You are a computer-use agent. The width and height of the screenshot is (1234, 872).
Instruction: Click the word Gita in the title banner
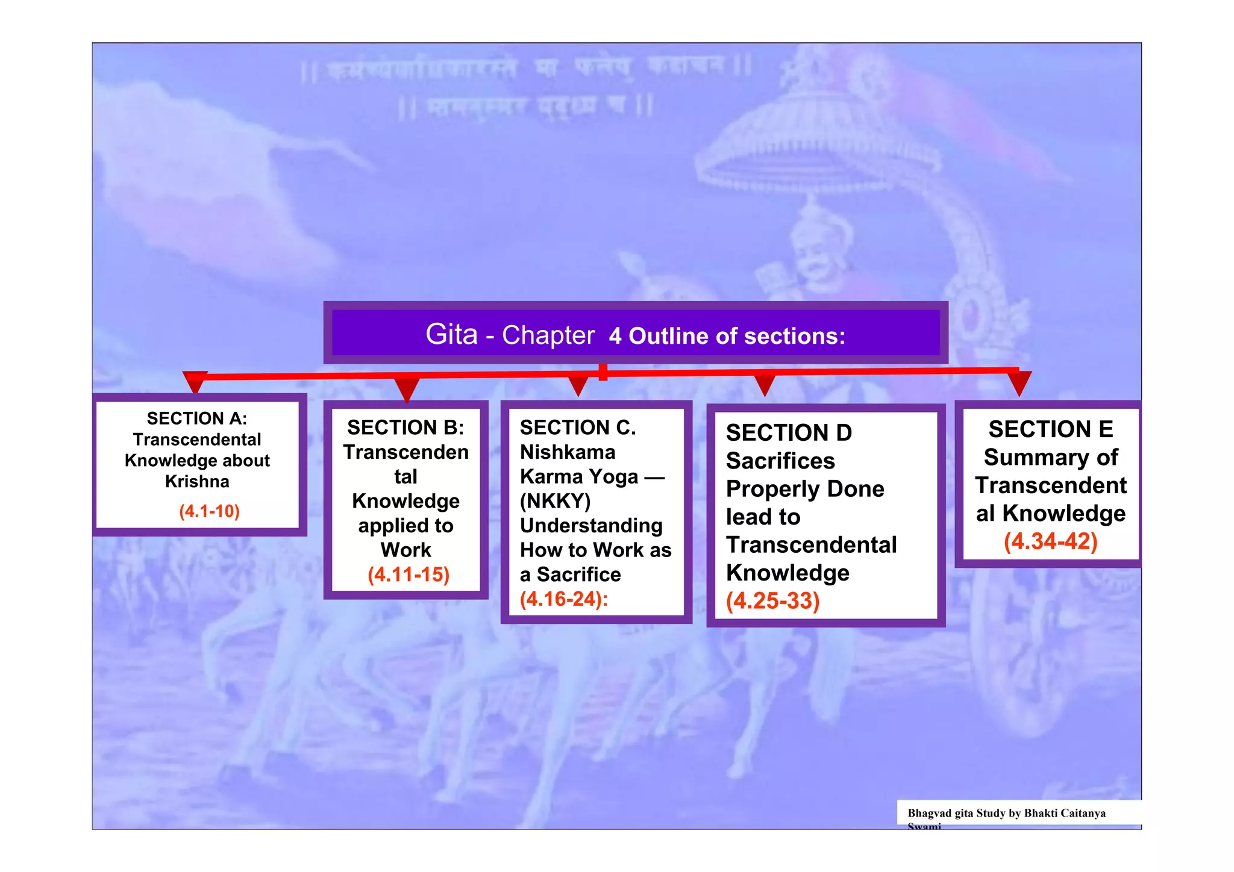[451, 334]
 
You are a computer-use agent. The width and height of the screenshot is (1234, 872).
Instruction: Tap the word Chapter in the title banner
[548, 335]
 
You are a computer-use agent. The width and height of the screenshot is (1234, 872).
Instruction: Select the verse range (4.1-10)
[209, 511]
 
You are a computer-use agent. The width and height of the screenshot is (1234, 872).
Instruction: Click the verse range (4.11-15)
[409, 575]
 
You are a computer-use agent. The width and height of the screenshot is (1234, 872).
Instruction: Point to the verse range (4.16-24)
[563, 599]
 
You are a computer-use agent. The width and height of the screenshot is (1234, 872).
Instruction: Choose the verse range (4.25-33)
[772, 601]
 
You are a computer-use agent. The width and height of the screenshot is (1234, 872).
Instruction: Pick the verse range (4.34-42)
[1050, 541]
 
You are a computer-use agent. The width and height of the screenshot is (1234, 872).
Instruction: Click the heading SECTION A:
[197, 419]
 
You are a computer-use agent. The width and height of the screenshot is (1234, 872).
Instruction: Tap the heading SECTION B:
[406, 428]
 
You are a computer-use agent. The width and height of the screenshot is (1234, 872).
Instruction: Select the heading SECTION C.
[578, 428]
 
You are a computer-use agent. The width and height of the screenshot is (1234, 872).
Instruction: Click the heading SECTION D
[789, 433]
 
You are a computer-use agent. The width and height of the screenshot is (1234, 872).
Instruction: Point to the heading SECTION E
[1050, 429]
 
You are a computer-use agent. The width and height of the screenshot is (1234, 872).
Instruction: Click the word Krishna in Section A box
[197, 482]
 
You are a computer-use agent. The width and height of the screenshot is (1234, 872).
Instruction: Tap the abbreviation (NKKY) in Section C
[555, 501]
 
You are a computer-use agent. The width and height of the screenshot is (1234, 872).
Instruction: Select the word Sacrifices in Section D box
[780, 461]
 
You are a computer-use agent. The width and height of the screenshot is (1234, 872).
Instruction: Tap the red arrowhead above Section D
[765, 385]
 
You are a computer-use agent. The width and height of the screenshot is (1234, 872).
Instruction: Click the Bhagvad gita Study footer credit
[1006, 814]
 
